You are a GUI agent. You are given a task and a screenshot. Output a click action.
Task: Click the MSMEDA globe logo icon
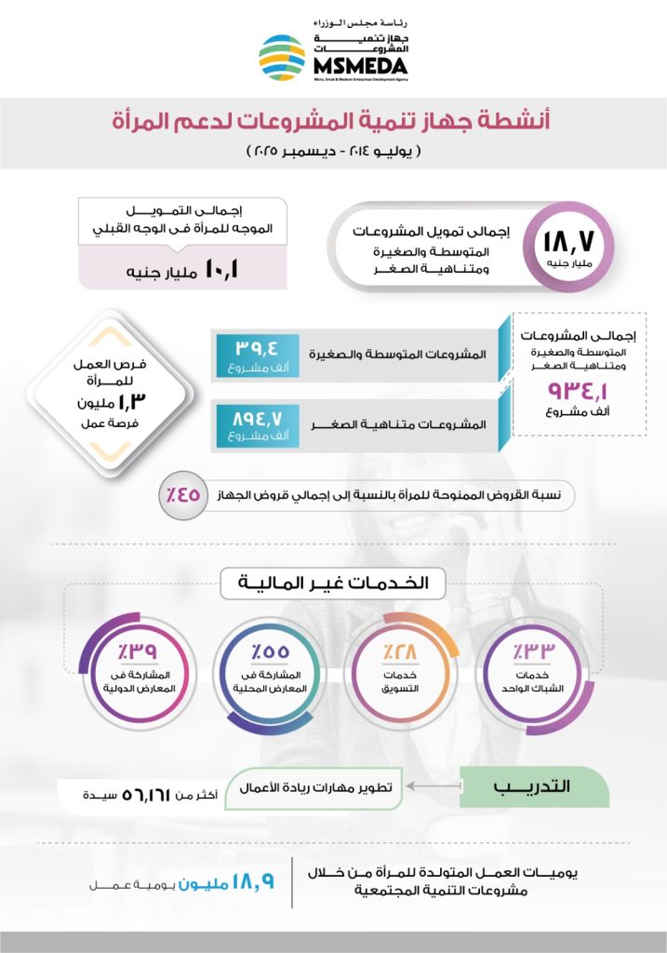coord(281,58)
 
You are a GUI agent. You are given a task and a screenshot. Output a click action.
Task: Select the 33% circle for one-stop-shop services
coord(535,664)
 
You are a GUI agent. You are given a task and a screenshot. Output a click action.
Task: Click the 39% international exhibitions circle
coord(133,664)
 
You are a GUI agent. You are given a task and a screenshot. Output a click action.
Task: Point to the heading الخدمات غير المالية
coord(334,584)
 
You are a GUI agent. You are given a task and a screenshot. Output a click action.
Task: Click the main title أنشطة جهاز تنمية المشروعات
coord(333,120)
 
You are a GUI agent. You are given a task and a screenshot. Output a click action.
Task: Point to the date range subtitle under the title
coord(333,150)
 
